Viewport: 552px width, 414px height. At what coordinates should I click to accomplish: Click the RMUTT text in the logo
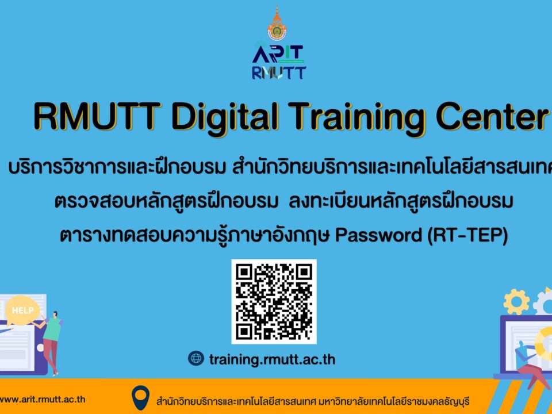coord(278,73)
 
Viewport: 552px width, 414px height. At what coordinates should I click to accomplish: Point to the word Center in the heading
coord(492,116)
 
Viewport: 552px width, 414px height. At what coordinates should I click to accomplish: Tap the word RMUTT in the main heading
coord(98,116)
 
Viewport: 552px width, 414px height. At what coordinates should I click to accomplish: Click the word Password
coord(378,235)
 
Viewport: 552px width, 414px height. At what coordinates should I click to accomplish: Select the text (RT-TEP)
coord(467,235)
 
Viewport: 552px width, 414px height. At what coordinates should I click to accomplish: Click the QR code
coord(274,302)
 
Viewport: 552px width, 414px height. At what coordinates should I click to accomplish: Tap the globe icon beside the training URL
coord(196,358)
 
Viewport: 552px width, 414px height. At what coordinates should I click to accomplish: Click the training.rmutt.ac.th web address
coord(272,359)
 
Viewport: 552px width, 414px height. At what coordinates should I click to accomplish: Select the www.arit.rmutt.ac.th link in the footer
coord(43,399)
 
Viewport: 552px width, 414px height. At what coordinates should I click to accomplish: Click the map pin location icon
coord(140,398)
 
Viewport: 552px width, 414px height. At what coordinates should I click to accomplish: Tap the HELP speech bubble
coord(22,310)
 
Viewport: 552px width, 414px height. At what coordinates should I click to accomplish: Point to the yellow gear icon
coord(516,302)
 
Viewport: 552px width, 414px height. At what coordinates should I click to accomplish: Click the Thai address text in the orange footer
coord(313,401)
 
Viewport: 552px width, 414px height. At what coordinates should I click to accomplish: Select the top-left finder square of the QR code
coord(244,272)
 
